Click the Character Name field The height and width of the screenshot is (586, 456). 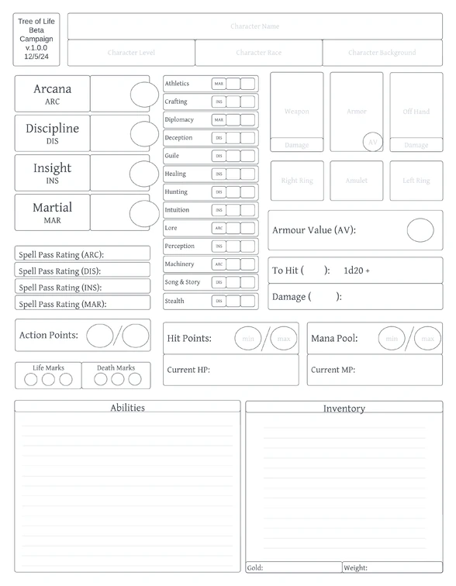click(x=254, y=26)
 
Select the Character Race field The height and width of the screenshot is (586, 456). click(x=258, y=53)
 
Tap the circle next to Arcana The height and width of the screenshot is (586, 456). click(x=143, y=95)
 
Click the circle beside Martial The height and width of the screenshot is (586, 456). click(x=143, y=213)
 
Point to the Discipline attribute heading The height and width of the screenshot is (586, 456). click(x=52, y=129)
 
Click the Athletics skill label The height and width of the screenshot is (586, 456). click(x=177, y=84)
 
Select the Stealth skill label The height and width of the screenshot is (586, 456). click(x=174, y=301)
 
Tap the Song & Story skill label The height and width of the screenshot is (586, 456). click(x=182, y=282)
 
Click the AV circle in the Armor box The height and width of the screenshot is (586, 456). click(x=373, y=142)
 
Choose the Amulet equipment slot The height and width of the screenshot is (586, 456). click(x=356, y=181)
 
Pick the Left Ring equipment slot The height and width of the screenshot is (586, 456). click(x=416, y=181)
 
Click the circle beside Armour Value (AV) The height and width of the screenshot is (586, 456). click(x=420, y=230)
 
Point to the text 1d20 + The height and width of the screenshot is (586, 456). click(x=357, y=271)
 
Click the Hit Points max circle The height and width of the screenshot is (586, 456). click(x=284, y=339)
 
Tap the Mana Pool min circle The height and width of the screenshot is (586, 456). click(x=392, y=339)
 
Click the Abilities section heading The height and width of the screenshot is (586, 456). click(x=127, y=408)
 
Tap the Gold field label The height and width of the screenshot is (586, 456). click(x=255, y=567)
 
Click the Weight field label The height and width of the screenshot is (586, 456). click(x=356, y=567)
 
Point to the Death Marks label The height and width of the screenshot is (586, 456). click(x=116, y=368)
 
